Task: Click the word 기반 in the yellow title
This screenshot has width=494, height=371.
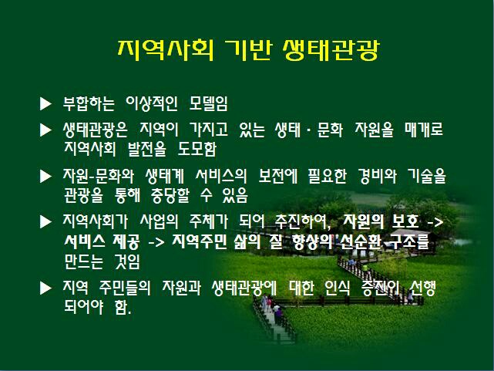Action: tap(247, 50)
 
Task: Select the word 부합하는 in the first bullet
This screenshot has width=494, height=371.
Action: tap(89, 103)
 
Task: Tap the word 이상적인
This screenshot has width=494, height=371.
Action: tap(152, 103)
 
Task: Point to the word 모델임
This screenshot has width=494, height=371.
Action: tap(208, 103)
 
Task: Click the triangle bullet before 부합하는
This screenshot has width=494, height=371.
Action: tap(45, 103)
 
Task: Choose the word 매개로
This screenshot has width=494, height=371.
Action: tap(424, 130)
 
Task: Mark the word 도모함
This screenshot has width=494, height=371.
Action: tap(197, 149)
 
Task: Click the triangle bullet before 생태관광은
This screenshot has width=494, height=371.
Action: tap(45, 130)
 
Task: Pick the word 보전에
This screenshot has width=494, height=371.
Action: tap(278, 176)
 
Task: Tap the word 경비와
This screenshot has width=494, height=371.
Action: tap(377, 176)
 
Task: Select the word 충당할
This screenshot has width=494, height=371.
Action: tap(170, 195)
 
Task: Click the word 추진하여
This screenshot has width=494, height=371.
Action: tap(302, 221)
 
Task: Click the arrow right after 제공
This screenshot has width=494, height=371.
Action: tap(156, 243)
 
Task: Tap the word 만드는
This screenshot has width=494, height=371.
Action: tap(84, 261)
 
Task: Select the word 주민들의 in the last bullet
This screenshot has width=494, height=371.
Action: tap(125, 288)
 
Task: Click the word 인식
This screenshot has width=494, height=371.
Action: tap(337, 288)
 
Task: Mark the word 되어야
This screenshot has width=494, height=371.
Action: tap(84, 307)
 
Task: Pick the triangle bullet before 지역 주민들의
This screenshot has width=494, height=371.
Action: tap(45, 288)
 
